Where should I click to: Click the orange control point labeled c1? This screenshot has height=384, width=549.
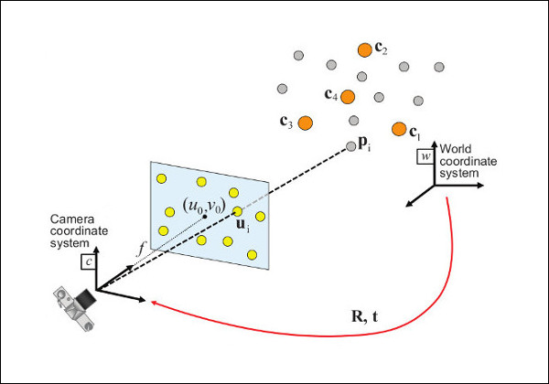(399, 129)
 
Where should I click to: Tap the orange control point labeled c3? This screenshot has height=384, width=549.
(306, 122)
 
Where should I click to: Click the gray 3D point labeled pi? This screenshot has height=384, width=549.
(350, 145)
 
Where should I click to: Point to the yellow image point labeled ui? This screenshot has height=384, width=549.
(237, 211)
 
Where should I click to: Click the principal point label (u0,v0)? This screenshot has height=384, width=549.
(203, 206)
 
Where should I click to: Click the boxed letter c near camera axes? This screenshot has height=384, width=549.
(89, 261)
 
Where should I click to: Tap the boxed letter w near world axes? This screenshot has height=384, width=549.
(424, 156)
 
